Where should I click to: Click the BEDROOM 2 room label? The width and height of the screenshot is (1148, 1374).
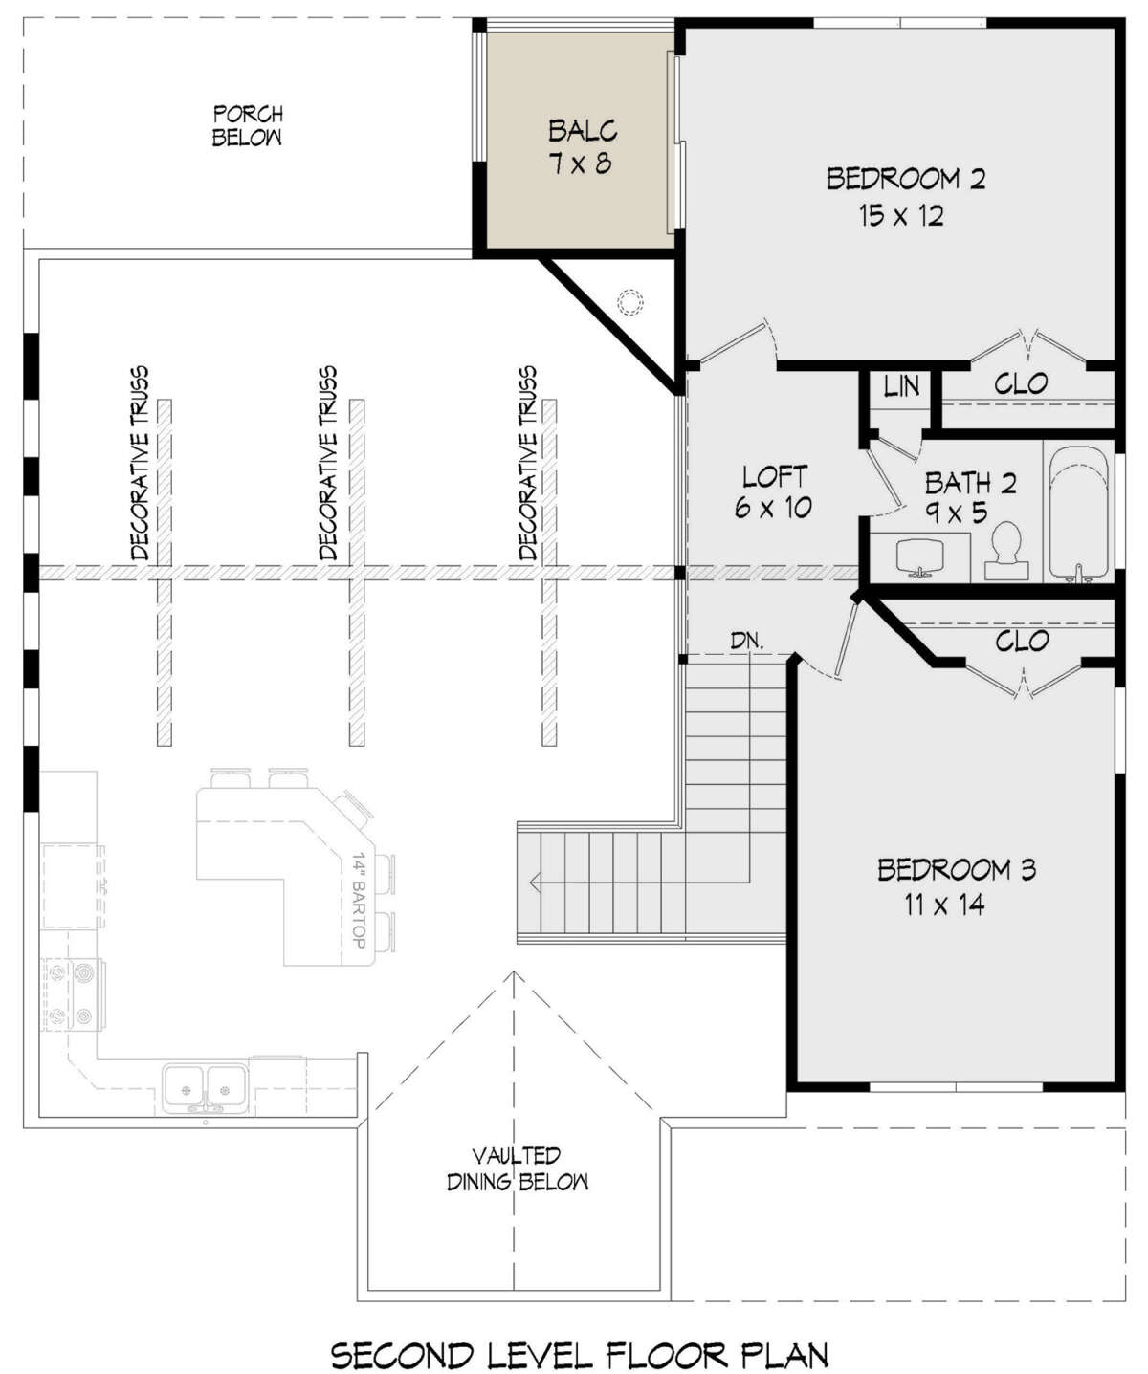(905, 197)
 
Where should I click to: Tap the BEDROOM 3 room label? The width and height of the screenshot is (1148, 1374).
(956, 886)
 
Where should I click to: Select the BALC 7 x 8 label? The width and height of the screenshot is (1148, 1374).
(583, 146)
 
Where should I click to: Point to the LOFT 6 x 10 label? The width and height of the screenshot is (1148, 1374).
(774, 491)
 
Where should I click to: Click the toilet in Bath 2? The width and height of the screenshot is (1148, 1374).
(1005, 552)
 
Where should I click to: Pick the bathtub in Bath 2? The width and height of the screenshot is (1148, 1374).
(1077, 514)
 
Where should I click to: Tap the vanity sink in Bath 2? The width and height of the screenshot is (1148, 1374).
(920, 557)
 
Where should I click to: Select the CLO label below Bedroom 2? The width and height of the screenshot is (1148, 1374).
(1021, 383)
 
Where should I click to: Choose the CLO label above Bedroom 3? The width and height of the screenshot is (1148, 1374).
(1022, 641)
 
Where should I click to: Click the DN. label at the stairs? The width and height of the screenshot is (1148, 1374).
(747, 641)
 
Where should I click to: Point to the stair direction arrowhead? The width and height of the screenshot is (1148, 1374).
(535, 882)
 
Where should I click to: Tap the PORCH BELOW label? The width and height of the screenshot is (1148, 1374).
(248, 125)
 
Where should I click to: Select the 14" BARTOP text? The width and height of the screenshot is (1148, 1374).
(359, 901)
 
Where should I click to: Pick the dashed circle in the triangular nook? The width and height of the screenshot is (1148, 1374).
(629, 303)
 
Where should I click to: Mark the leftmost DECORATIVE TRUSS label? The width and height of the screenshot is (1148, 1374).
(140, 464)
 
